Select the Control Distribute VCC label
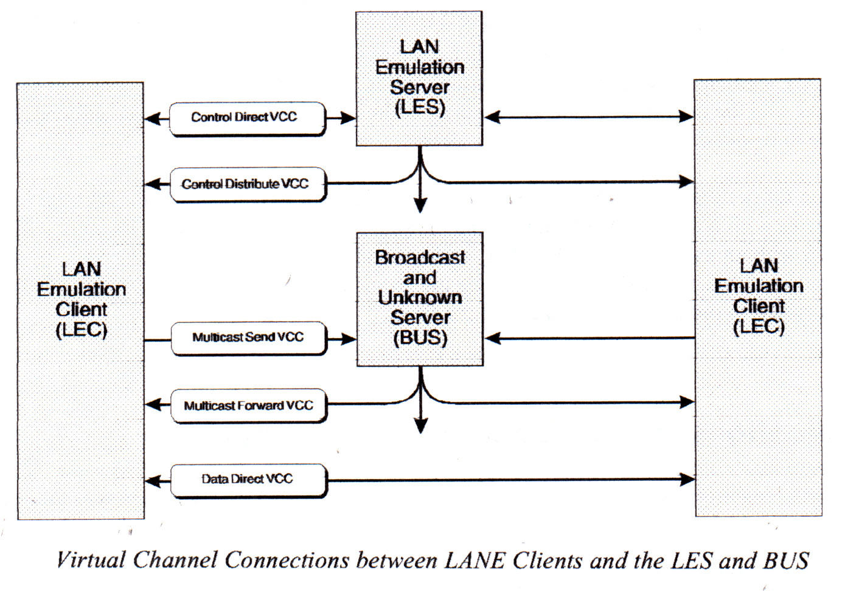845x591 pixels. coord(245,184)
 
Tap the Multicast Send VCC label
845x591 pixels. coord(248,337)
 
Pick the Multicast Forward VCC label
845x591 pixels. coord(248,406)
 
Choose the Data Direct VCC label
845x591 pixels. coord(247,479)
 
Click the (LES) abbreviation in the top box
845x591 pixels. coord(420,108)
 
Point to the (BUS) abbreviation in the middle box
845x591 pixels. coord(420,337)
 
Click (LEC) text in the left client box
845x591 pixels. coord(81,330)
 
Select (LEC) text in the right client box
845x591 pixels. coord(759,327)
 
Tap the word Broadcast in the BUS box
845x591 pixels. coord(420,258)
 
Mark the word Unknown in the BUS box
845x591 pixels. coord(420,298)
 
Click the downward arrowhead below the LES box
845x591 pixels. coord(420,205)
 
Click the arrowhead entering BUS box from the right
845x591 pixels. coord(493,338)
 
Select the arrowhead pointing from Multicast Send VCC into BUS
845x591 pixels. coord(349,339)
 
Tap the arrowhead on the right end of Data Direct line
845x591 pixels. coord(687,480)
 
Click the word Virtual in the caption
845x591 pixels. coord(91,561)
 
